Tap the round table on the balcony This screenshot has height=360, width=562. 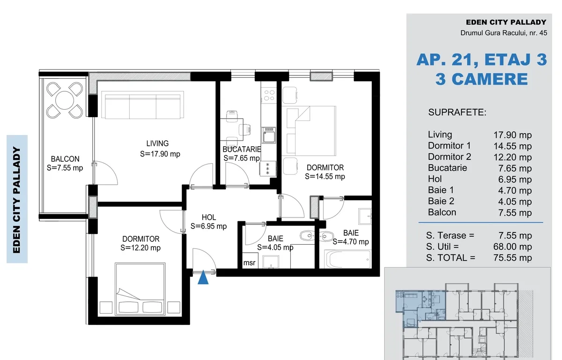pos(65,100)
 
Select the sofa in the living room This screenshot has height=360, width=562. pos(142,105)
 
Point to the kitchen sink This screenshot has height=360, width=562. pos(269,135)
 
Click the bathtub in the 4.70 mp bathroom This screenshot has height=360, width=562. pos(348,259)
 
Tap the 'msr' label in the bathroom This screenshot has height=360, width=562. pos(249,263)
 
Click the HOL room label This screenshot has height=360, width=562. pos(209,217)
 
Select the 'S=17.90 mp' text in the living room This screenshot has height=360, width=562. pos(160,154)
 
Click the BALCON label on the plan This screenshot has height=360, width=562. pos(65,159)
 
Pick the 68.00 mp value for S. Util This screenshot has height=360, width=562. pos(512,247)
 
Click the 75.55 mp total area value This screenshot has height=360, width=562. pos(512,258)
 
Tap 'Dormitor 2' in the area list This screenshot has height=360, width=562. pos(449,157)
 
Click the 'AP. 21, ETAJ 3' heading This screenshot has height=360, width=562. pos(482,60)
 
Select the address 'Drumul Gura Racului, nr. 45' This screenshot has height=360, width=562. pos(503,33)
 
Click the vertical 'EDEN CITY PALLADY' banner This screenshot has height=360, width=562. pos(16,200)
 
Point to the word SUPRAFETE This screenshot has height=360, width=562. pos(457,112)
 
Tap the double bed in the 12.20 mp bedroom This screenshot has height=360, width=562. pos(140,289)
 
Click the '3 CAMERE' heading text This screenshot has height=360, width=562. pos(482,79)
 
